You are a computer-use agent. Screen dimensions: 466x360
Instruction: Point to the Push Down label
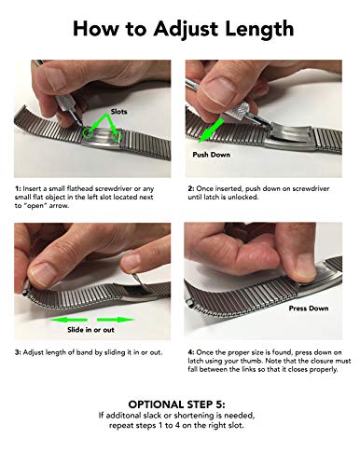tap(212, 153)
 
